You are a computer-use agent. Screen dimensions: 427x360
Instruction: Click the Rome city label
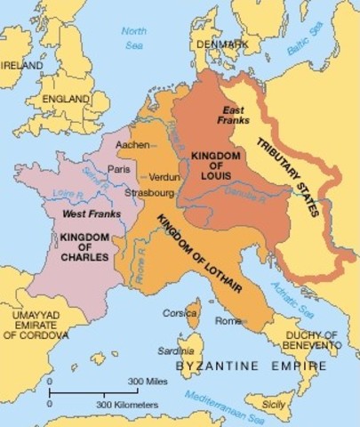point(228,320)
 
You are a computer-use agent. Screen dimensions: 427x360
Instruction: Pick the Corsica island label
point(178,313)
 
